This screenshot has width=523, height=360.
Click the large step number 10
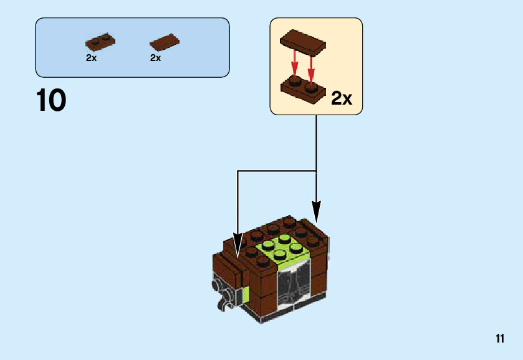pos(51,101)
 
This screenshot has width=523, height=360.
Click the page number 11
pos(501,339)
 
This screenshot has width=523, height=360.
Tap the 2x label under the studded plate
pos(92,58)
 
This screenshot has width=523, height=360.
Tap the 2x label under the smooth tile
pos(156,58)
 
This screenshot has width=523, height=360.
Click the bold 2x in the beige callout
pos(342,98)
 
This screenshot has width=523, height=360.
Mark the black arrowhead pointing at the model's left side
pos(238,244)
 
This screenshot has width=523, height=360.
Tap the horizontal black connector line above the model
pos(277,171)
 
